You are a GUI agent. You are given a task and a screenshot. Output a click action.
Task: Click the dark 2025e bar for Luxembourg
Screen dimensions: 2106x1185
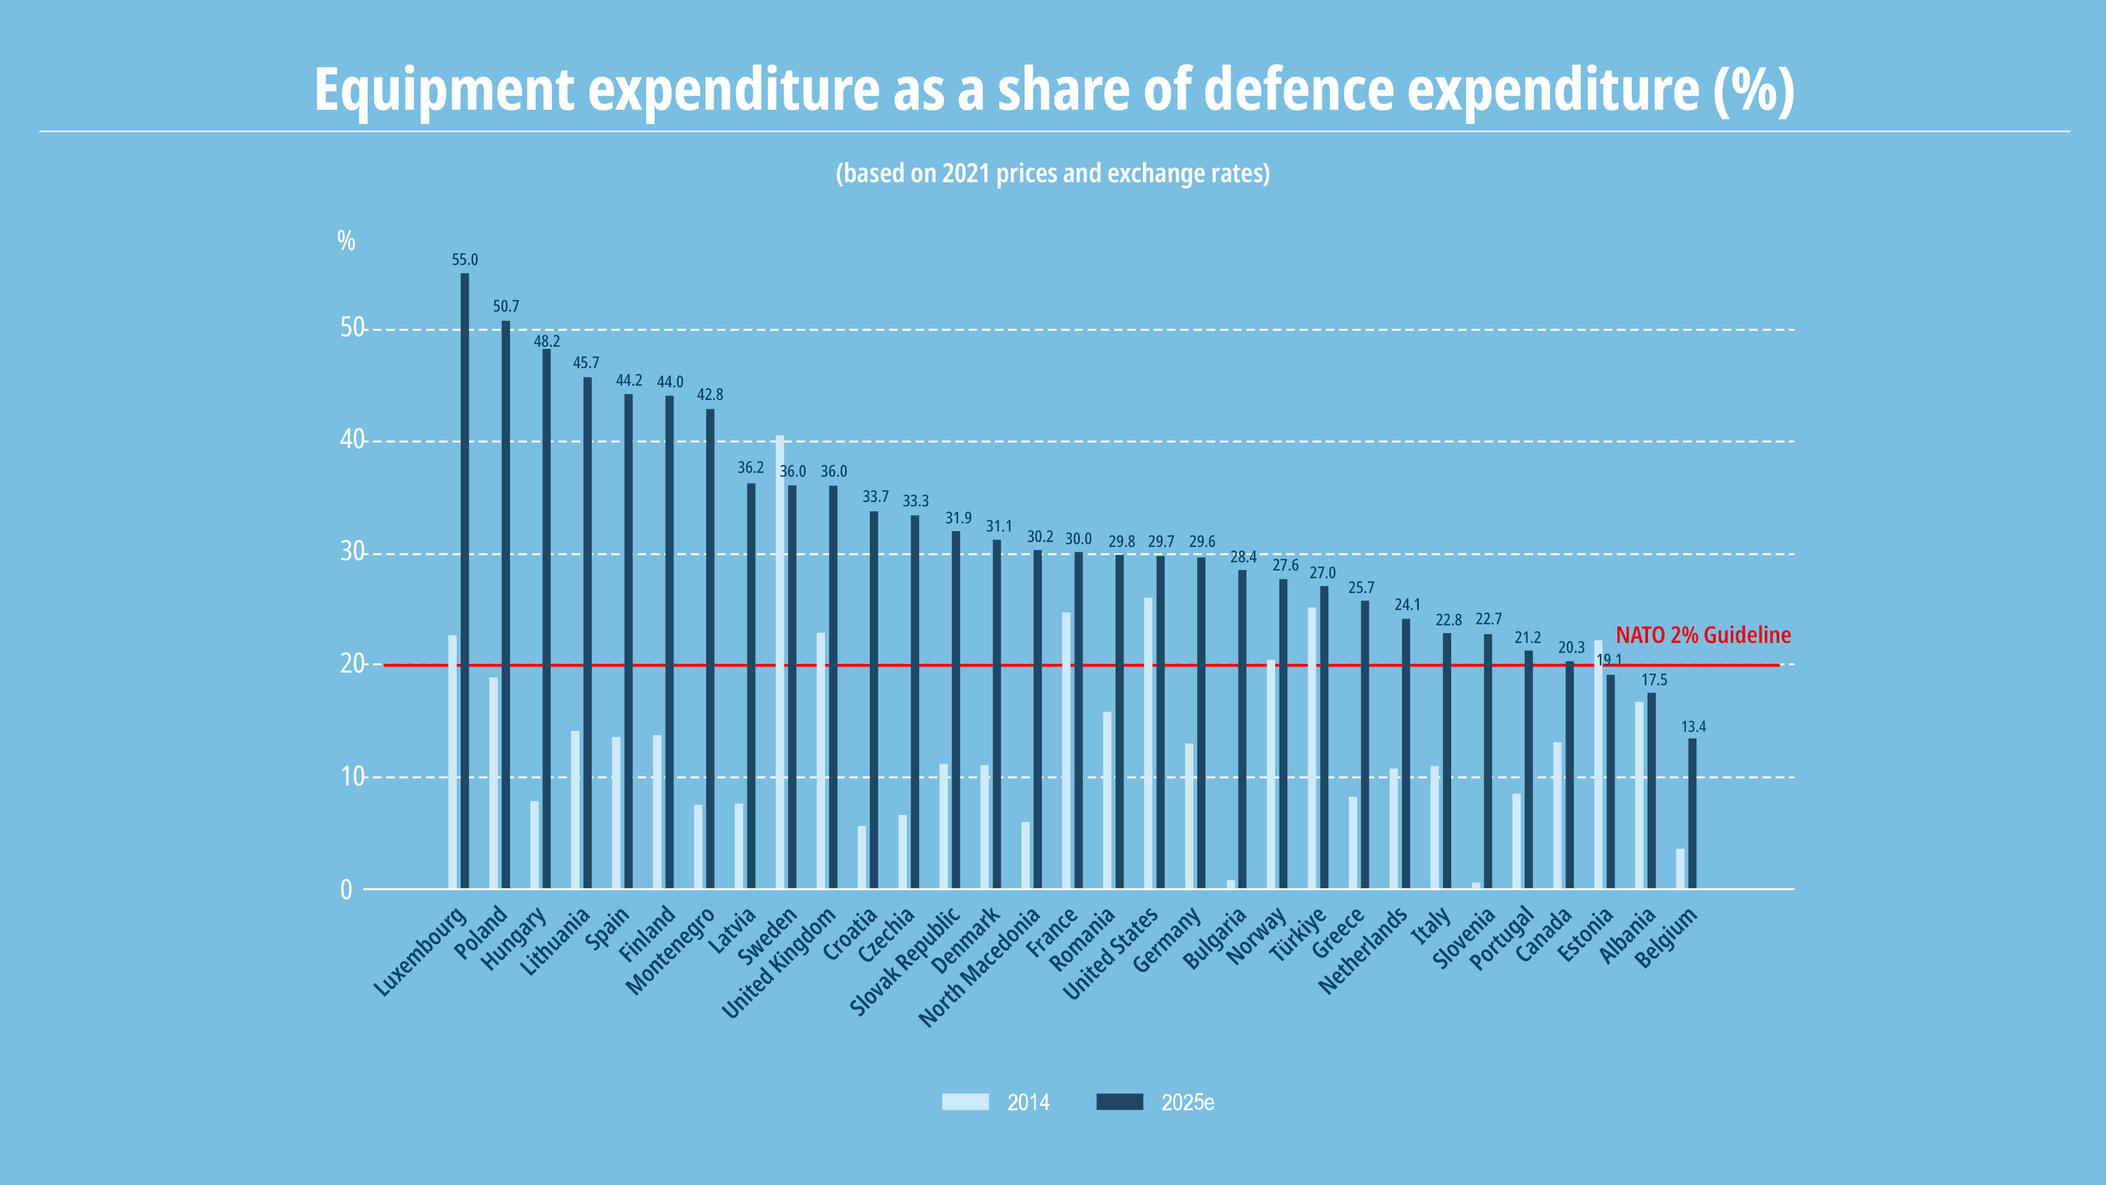point(465,580)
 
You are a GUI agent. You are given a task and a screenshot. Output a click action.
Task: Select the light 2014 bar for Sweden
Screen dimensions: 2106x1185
point(780,662)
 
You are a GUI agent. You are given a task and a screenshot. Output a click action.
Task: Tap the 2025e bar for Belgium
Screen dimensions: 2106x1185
point(1692,814)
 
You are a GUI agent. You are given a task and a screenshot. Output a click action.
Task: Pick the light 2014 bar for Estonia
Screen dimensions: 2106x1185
point(1598,765)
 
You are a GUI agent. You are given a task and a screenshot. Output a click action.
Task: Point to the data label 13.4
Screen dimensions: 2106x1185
point(1693,727)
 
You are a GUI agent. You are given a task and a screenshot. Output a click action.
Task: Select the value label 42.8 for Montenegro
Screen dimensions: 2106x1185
point(710,395)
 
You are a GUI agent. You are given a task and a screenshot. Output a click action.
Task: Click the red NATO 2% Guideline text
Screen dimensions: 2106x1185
point(1703,635)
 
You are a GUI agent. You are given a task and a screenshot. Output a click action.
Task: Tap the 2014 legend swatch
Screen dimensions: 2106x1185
point(965,1102)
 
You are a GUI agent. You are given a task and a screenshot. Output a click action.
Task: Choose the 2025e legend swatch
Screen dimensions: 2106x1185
point(1119,1102)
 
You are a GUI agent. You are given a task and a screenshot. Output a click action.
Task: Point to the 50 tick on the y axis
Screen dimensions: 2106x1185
point(352,328)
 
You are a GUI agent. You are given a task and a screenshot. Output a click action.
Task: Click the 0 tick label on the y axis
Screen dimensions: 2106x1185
point(347,890)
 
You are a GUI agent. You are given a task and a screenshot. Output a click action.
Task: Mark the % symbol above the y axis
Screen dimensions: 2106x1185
point(347,240)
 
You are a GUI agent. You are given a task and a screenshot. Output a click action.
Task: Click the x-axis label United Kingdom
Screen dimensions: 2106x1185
point(779,963)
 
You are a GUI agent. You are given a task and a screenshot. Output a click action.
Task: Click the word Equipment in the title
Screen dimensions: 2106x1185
point(445,90)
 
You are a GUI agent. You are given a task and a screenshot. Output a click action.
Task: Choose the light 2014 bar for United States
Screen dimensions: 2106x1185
point(1148,743)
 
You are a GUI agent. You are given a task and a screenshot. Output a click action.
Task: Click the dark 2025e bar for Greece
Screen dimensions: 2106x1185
point(1365,745)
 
